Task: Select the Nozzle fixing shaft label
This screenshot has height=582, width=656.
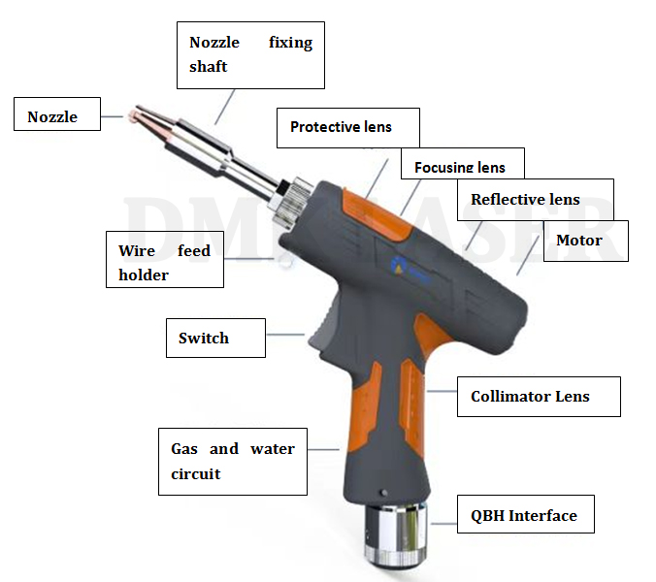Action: [x=251, y=54]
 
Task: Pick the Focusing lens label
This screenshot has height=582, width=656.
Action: [x=461, y=166]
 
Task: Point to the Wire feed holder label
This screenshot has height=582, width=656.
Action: [x=164, y=263]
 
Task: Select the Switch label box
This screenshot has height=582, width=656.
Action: [x=214, y=339]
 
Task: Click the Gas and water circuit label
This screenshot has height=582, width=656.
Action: [x=233, y=462]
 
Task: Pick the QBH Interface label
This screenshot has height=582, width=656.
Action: [x=524, y=515]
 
